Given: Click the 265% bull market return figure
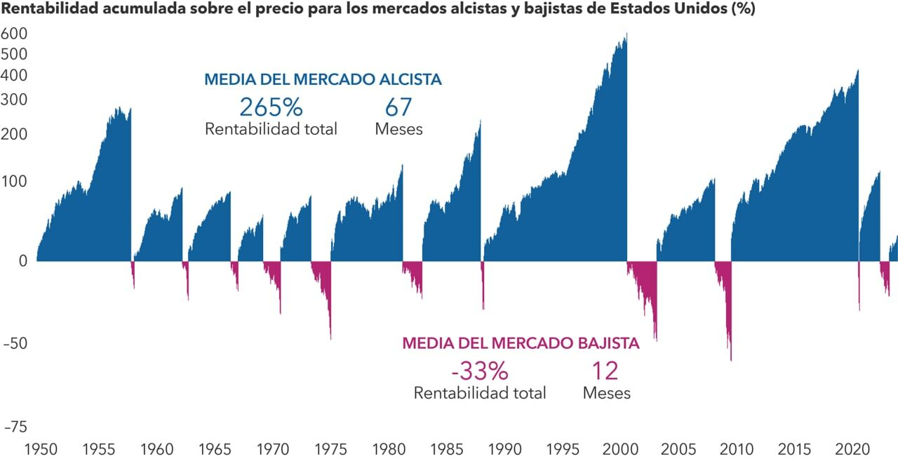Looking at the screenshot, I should pos(271,107).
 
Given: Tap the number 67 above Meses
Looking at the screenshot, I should pos(398,107).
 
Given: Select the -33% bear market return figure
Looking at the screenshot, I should pos(479,371).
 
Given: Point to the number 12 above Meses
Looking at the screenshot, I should pos(605,371).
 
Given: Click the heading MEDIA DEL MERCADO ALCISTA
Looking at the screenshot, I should pos(323,80).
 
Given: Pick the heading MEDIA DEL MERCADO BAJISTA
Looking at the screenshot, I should pos(521,344).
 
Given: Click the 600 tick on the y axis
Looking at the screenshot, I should pos(14,34).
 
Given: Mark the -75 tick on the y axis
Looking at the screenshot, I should pos(13,427).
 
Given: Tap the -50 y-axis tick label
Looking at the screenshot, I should pos(13,344).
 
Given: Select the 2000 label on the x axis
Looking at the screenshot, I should pos(621,449).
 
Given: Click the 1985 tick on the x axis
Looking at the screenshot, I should pos(446,449).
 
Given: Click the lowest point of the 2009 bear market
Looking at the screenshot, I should pos(730,359).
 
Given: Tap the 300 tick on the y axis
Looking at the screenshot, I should pos(14,100).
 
